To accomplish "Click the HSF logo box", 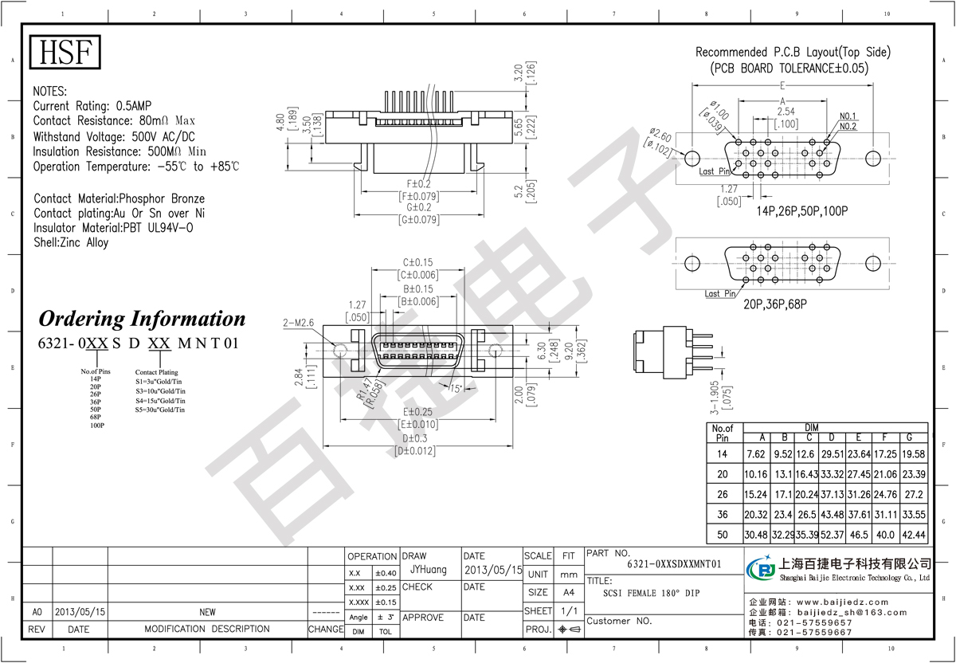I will click(x=67, y=53).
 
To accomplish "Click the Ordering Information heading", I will click(x=143, y=320).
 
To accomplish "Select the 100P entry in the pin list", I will click(x=98, y=426).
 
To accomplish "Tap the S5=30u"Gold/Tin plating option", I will click(x=160, y=410).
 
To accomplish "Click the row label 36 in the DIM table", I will click(x=723, y=514).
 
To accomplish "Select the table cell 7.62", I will click(x=755, y=454).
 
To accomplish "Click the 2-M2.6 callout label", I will click(x=299, y=323).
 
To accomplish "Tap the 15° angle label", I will click(x=455, y=388).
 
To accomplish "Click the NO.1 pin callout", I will click(x=848, y=116).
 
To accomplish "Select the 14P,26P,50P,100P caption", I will click(x=801, y=212).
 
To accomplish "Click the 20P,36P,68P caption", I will click(x=776, y=304).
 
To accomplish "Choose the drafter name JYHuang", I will click(x=429, y=570).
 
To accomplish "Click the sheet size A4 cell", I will click(x=569, y=592).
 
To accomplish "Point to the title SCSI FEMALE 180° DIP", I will click(x=652, y=593).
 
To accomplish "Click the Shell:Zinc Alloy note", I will click(x=71, y=242).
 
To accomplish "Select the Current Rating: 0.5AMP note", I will click(x=92, y=106).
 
